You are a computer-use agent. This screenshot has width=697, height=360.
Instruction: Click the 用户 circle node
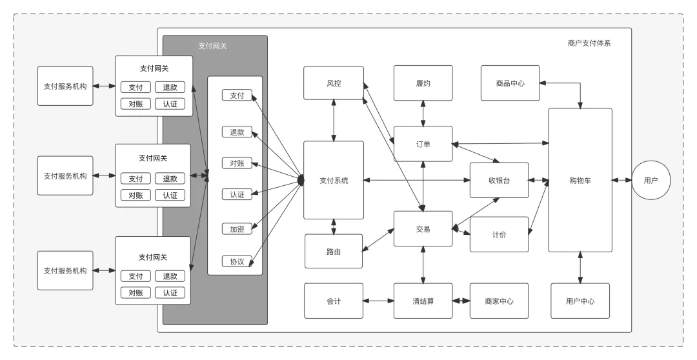651,181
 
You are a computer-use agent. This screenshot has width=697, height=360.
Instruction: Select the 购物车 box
580,181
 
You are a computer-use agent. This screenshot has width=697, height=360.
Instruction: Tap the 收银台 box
499,181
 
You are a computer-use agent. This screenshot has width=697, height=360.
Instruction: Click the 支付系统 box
334,181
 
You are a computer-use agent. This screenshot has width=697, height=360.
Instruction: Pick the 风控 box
334,83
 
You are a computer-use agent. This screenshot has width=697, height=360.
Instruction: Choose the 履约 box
423,83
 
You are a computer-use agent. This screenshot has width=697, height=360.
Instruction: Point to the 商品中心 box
510,83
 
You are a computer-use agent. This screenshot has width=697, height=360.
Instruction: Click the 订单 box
423,144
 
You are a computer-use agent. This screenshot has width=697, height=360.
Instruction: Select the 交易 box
423,229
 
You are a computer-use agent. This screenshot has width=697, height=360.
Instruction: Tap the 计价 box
499,234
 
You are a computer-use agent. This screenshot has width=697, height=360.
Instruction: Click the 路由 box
334,251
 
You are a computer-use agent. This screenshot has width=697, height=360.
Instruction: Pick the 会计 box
334,301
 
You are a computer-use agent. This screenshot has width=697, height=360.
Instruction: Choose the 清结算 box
423,301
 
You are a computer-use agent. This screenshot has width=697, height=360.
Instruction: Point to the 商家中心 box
499,301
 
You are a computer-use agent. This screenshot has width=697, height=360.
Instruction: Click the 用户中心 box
580,301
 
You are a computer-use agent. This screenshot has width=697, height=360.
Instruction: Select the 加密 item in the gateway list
237,228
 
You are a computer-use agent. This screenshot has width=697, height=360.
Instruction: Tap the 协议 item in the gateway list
237,261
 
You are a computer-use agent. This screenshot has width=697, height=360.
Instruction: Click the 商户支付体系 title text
589,43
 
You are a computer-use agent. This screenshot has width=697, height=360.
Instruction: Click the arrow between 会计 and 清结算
378,301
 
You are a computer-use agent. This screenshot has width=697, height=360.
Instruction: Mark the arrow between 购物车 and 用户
622,181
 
